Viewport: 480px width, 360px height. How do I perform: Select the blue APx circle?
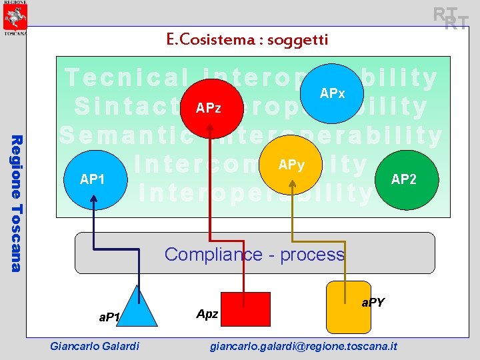(332, 94)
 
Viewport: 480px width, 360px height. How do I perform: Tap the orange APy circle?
(292, 165)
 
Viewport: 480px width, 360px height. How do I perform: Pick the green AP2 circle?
(404, 179)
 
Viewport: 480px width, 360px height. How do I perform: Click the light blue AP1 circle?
(92, 179)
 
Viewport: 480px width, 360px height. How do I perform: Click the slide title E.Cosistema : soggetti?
(247, 40)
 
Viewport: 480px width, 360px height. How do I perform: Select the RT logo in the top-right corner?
(451, 18)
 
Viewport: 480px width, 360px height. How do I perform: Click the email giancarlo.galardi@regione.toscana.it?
(303, 346)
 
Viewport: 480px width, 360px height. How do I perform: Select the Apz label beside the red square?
(207, 313)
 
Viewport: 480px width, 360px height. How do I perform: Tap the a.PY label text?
(373, 303)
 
